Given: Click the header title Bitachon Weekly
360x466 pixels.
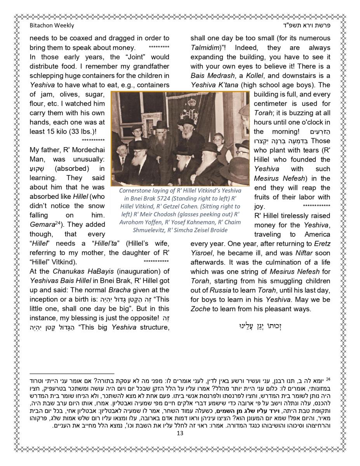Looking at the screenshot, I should (52, 26).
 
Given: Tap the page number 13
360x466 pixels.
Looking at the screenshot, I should (179, 433).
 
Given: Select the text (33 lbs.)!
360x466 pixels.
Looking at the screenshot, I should (82, 132).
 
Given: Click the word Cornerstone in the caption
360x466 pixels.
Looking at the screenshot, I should (137, 191).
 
